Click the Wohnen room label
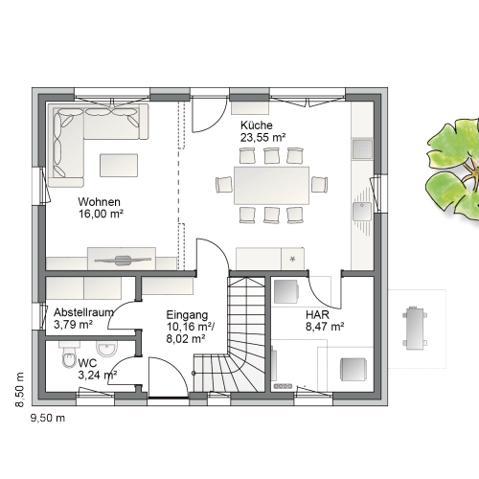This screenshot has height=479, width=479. point(99,202)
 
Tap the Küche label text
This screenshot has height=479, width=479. point(257,125)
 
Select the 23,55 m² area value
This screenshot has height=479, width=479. point(262,137)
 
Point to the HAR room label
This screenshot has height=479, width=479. point(317,314)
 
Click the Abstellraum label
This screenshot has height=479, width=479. point(83,312)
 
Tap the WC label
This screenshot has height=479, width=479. point(87,363)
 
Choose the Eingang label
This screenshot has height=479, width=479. point(187,315)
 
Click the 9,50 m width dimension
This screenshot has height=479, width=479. point(48,418)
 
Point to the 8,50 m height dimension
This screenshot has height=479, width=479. point(20,390)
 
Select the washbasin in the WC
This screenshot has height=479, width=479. point(107,349)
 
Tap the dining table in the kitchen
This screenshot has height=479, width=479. point(271,185)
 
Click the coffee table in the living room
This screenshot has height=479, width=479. point(119,165)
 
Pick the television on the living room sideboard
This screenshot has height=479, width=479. point(123,261)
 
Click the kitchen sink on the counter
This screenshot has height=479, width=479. point(362,211)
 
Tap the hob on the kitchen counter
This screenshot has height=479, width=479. point(362,149)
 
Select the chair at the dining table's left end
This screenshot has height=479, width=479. point(224,185)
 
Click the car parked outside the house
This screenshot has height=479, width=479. point(415,329)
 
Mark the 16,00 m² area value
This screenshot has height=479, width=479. point(101,214)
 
